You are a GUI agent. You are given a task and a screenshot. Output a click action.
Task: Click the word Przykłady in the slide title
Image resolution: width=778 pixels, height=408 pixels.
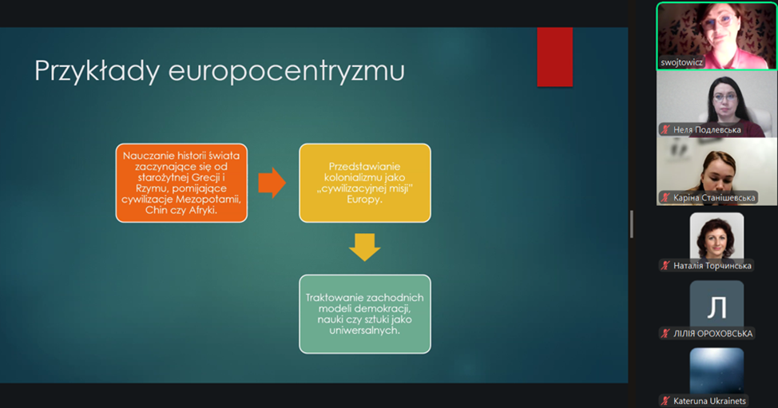pyautogui.click(x=97, y=71)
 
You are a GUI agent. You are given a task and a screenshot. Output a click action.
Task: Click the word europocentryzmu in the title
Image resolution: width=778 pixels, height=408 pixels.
pyautogui.click(x=286, y=71)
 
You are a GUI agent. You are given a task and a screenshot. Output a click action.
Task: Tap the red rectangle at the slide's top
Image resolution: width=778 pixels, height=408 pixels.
pyautogui.click(x=554, y=57)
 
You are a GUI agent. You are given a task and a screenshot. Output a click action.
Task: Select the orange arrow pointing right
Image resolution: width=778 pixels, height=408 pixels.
pyautogui.click(x=272, y=183)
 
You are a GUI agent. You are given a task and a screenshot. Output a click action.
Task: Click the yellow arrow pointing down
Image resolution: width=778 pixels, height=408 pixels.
pyautogui.click(x=365, y=247)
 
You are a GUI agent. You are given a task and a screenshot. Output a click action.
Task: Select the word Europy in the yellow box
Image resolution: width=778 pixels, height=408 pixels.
pyautogui.click(x=365, y=200)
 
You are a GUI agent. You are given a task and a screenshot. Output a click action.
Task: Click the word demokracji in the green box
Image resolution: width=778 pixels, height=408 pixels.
pyautogui.click(x=384, y=308)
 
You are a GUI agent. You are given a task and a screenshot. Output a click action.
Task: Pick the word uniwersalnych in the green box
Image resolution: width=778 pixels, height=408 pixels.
pyautogui.click(x=365, y=331)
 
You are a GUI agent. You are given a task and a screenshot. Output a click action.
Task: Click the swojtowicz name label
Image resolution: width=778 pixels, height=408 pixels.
pyautogui.click(x=681, y=62)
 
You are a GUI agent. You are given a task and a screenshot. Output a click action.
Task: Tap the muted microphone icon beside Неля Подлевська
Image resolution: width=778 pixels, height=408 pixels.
pyautogui.click(x=665, y=130)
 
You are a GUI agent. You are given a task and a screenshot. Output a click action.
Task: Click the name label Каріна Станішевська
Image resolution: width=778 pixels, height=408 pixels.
pyautogui.click(x=714, y=198)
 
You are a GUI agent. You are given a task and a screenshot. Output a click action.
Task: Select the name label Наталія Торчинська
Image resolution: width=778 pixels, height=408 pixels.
pyautogui.click(x=712, y=266)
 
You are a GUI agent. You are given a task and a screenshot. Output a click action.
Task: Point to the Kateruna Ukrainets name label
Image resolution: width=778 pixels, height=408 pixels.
pyautogui.click(x=709, y=401)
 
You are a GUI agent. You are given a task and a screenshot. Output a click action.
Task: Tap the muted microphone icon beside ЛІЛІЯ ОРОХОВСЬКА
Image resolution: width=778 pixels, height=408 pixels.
pyautogui.click(x=665, y=334)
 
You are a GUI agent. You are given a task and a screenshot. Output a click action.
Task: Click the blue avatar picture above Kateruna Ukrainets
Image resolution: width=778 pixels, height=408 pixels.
pyautogui.click(x=716, y=371)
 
